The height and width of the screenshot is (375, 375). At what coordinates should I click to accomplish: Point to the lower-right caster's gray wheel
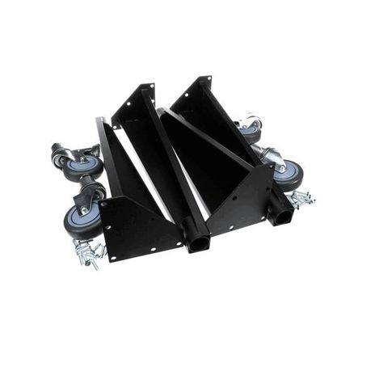[x=288, y=173]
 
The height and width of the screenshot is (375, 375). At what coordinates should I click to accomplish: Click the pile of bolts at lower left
[x=89, y=254]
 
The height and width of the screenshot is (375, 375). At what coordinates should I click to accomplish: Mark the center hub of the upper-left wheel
[x=84, y=165]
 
